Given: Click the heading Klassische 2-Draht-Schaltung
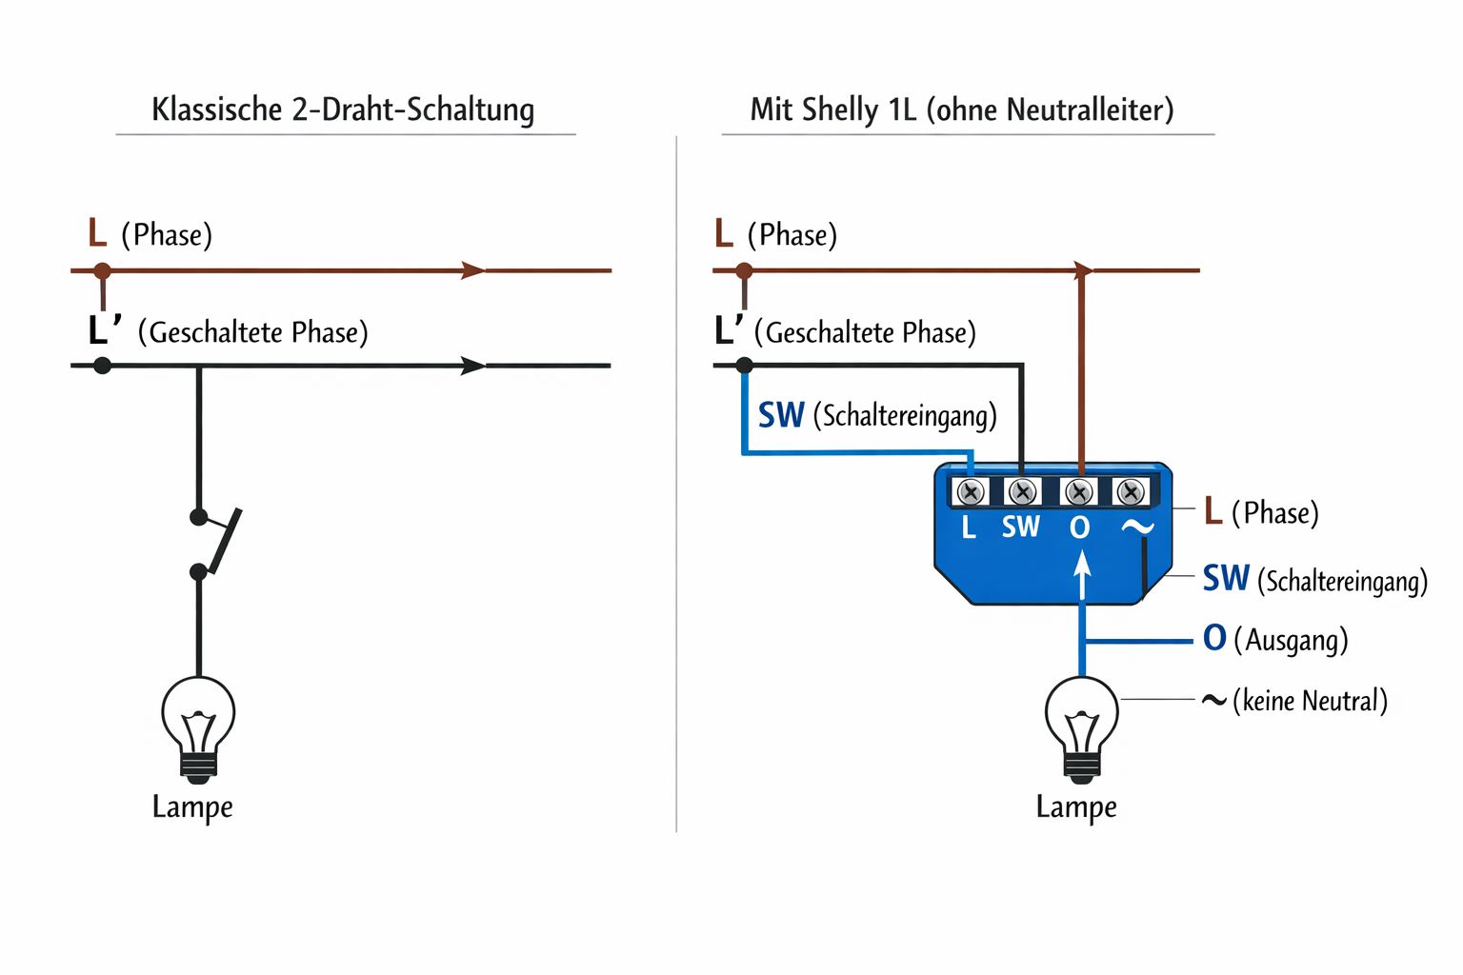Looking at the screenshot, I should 343,109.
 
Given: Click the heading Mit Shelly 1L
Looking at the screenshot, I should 961,109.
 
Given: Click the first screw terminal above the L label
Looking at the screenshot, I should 971,492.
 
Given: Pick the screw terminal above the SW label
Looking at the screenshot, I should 1022,492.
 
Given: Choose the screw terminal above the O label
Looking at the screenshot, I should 1079,492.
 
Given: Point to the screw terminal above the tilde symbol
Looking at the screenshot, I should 1131,492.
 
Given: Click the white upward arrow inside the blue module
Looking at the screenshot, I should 1082,575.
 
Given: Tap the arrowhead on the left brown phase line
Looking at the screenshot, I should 472,270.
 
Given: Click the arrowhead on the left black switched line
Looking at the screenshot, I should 472,366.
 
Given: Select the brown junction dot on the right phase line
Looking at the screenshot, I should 745,271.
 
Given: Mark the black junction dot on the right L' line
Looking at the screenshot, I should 745,366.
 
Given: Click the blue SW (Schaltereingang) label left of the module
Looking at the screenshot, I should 877,415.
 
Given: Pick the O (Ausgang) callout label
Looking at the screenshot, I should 1275,639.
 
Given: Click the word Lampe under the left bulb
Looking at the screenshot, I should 192,807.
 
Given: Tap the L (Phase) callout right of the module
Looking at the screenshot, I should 1261,512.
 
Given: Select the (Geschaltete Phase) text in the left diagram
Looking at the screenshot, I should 252,332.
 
